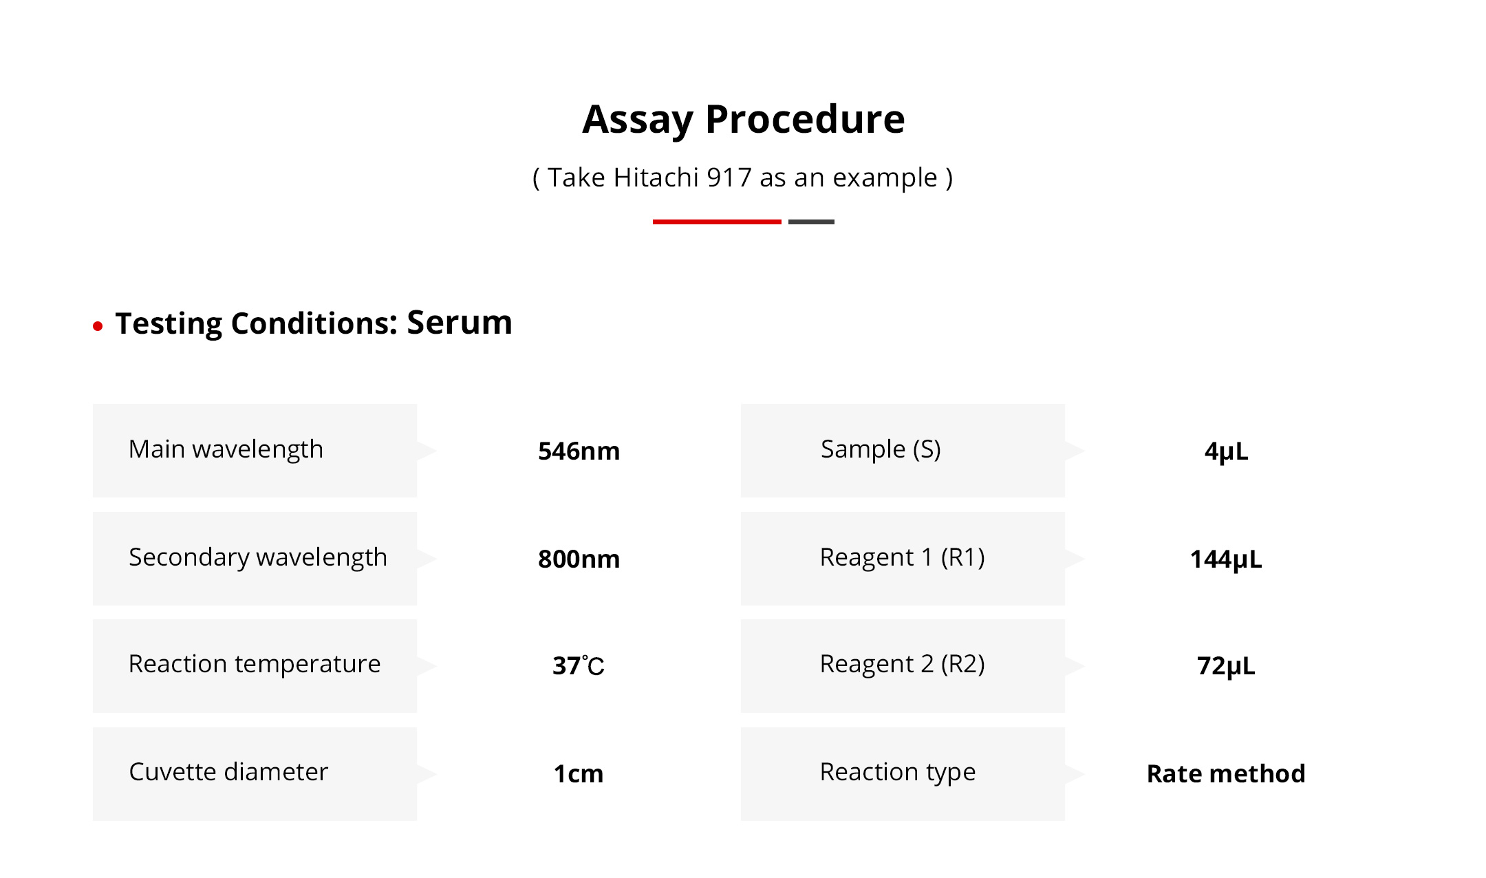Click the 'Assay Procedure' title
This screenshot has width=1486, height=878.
click(744, 120)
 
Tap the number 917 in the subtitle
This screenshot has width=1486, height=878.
click(729, 178)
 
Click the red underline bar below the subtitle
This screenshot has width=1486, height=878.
click(717, 222)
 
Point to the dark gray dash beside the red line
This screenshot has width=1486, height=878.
click(811, 222)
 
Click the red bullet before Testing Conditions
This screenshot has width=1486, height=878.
click(98, 326)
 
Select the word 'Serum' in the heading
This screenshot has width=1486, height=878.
click(460, 322)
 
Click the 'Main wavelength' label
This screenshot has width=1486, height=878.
click(226, 449)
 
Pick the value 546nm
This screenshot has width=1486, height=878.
click(579, 451)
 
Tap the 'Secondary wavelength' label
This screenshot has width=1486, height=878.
click(258, 557)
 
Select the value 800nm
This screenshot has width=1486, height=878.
click(579, 559)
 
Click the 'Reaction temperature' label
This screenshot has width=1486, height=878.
click(255, 664)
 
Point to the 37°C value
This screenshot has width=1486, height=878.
click(579, 665)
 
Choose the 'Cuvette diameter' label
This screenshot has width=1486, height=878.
click(228, 772)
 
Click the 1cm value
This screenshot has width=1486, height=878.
click(579, 774)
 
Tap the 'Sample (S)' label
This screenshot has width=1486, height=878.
click(881, 449)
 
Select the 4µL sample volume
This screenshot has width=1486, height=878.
click(1226, 451)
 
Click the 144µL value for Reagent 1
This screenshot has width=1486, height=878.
click(1226, 559)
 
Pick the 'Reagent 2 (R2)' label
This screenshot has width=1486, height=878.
click(903, 664)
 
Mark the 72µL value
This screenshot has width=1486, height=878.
click(1226, 666)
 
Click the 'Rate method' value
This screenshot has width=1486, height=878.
click(1226, 774)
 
